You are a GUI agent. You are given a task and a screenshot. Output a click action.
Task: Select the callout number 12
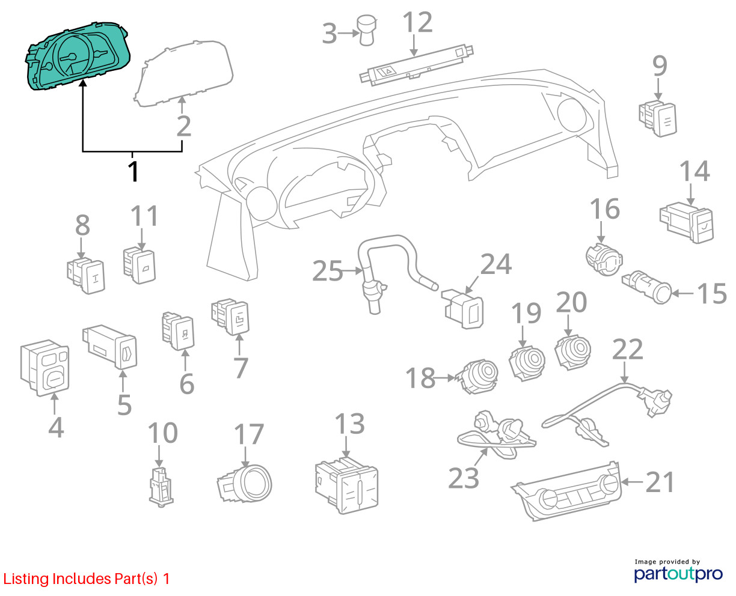(417, 23)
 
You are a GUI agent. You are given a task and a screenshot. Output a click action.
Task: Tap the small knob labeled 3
(367, 31)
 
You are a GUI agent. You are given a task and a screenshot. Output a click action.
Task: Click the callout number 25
(327, 272)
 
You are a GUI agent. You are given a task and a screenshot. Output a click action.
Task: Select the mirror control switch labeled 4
(46, 368)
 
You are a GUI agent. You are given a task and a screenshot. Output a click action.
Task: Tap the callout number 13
(349, 424)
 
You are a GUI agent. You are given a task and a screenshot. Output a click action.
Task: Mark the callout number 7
(240, 368)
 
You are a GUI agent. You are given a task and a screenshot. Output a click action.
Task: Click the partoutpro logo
(678, 572)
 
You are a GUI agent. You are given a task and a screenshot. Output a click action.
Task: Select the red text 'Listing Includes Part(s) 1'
(87, 579)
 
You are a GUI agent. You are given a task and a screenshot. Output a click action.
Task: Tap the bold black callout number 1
(133, 171)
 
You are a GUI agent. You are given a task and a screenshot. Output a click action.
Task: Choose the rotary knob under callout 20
(572, 351)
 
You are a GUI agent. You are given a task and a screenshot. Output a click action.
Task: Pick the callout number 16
(604, 209)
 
